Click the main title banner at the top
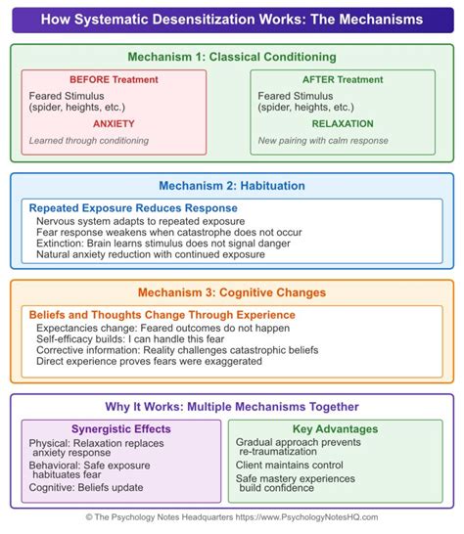point(233,21)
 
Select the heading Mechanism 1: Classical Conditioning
point(232,57)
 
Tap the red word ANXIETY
point(114,123)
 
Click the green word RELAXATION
point(343,123)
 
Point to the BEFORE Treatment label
point(114,79)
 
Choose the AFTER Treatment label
point(343,79)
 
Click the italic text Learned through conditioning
point(89,141)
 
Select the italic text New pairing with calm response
point(323,141)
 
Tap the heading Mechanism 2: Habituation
point(232,186)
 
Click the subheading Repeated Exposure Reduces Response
point(133,208)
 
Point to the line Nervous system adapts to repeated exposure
point(140,221)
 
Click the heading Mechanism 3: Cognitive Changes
point(232,292)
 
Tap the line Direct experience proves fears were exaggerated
point(149,361)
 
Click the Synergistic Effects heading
point(121,429)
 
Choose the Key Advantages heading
point(335,429)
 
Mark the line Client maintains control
point(290,466)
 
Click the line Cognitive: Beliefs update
point(86,488)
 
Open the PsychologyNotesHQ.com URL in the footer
point(306,517)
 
